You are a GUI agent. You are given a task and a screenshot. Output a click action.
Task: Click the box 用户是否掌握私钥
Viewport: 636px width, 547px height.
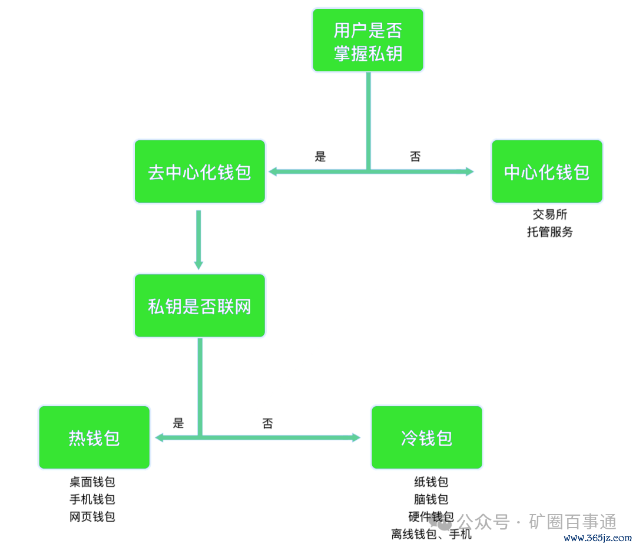point(367,40)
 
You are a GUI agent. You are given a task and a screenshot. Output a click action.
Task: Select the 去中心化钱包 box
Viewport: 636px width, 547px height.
point(200,172)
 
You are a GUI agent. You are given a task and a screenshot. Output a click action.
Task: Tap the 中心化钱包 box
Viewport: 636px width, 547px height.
point(546,172)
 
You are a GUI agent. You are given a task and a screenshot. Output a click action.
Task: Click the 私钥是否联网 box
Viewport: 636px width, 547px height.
point(200,306)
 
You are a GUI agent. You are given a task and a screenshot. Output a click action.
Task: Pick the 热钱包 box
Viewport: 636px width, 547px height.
point(94,438)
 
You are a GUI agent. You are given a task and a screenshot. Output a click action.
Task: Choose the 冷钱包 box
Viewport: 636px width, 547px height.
point(426,438)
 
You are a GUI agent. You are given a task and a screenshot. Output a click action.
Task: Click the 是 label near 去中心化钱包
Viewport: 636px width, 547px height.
point(320,156)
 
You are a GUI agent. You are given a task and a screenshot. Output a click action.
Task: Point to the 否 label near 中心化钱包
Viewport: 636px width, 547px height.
point(415,156)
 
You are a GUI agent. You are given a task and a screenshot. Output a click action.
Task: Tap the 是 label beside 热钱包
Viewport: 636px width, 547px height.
point(178,423)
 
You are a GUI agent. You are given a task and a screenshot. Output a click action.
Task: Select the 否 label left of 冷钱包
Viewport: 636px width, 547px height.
point(267,423)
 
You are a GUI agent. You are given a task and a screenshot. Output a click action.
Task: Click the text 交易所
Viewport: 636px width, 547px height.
point(549,215)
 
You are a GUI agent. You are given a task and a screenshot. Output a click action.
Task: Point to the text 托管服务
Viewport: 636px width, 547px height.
point(549,232)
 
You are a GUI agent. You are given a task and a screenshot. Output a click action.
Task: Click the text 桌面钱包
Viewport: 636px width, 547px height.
point(92,482)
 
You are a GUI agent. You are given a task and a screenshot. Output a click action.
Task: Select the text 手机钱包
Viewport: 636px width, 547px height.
point(92,499)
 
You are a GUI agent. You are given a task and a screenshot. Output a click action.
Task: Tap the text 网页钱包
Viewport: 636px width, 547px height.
point(92,517)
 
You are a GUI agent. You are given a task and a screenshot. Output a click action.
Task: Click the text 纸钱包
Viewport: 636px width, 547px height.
point(431,482)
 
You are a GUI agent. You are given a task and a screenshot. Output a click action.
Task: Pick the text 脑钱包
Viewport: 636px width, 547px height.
point(431,499)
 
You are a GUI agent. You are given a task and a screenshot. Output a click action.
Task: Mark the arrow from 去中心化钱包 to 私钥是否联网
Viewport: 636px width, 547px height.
point(198,239)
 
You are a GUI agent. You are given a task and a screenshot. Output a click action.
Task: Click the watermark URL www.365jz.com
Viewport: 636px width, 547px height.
point(597,538)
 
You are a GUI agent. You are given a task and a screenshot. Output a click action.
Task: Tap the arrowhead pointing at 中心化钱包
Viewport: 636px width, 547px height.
point(469,172)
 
